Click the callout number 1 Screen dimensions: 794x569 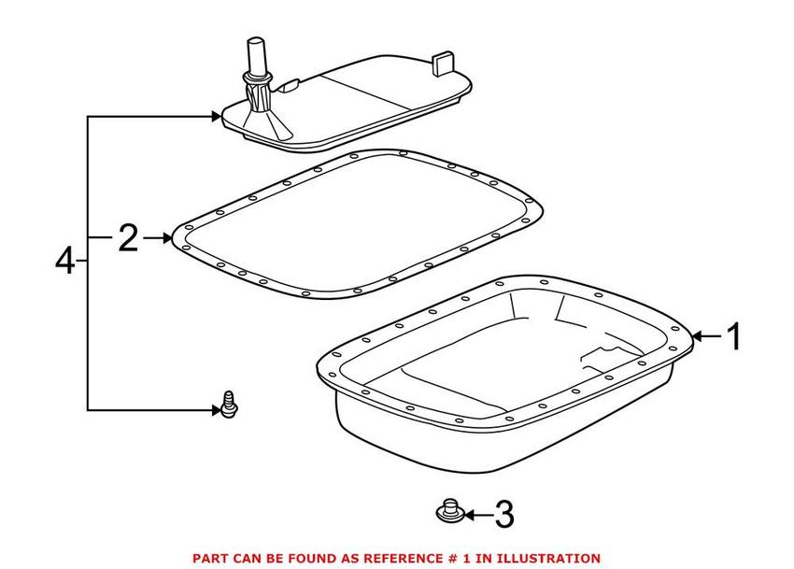coord(734,335)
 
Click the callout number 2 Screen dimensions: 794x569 coord(128,239)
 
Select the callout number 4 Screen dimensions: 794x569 coord(64,260)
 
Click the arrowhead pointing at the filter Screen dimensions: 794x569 coord(215,117)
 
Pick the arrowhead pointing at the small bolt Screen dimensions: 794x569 coord(214,409)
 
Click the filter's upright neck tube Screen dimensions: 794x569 coord(255,55)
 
